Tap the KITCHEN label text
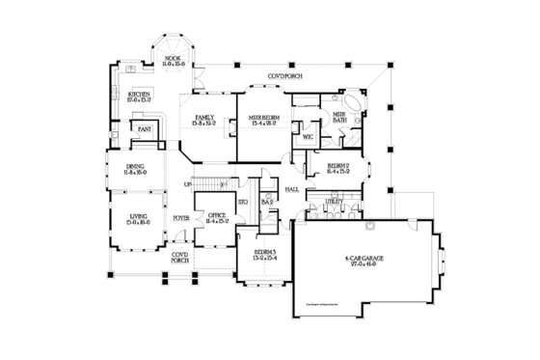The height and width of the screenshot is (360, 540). pyautogui.click(x=140, y=94)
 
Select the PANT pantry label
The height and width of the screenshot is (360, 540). pyautogui.click(x=145, y=127)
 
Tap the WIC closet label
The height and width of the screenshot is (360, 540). pyautogui.click(x=308, y=136)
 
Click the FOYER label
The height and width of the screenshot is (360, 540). pyautogui.click(x=180, y=218)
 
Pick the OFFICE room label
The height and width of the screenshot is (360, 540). pyautogui.click(x=216, y=217)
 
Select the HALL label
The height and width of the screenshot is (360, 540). pyautogui.click(x=290, y=189)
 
